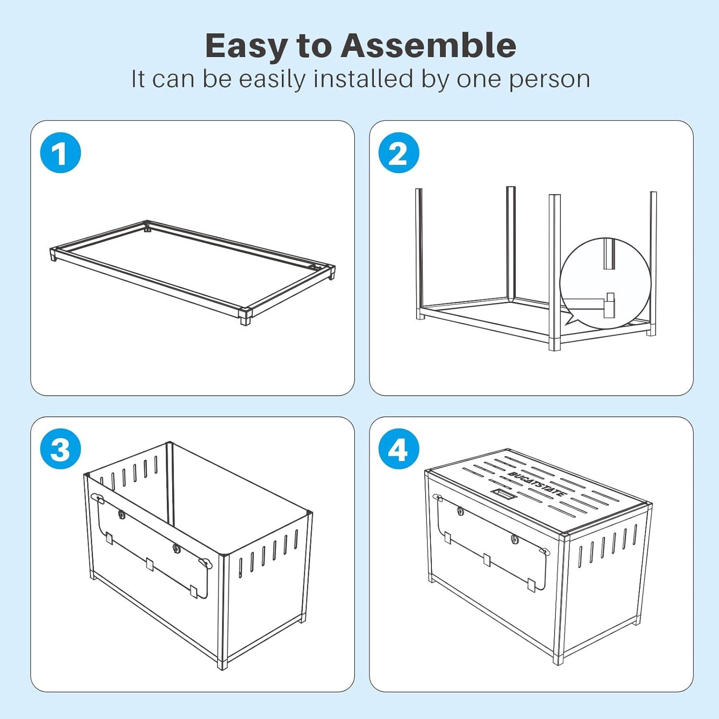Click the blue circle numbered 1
[60, 153]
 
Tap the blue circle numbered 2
[399, 153]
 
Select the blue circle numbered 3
[60, 449]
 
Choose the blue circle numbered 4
[399, 449]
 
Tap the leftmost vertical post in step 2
[419, 254]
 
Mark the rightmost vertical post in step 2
[653, 264]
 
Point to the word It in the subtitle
[138, 79]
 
